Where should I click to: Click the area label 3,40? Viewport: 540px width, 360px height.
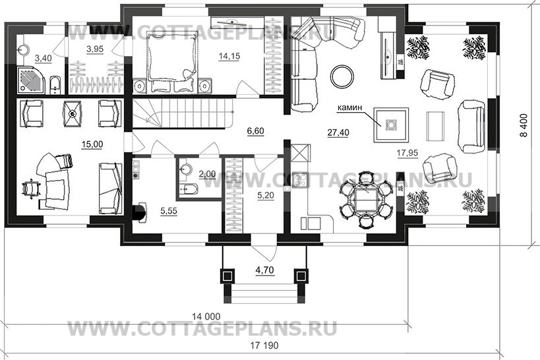[x=42, y=59]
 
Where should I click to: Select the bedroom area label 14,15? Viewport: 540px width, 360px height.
[x=230, y=56]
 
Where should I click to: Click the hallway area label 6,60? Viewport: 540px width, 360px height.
[x=255, y=131]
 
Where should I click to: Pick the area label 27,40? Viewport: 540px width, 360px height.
[x=337, y=133]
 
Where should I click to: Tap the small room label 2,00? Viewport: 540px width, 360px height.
[x=207, y=174]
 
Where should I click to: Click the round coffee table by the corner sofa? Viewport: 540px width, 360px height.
[x=341, y=75]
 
